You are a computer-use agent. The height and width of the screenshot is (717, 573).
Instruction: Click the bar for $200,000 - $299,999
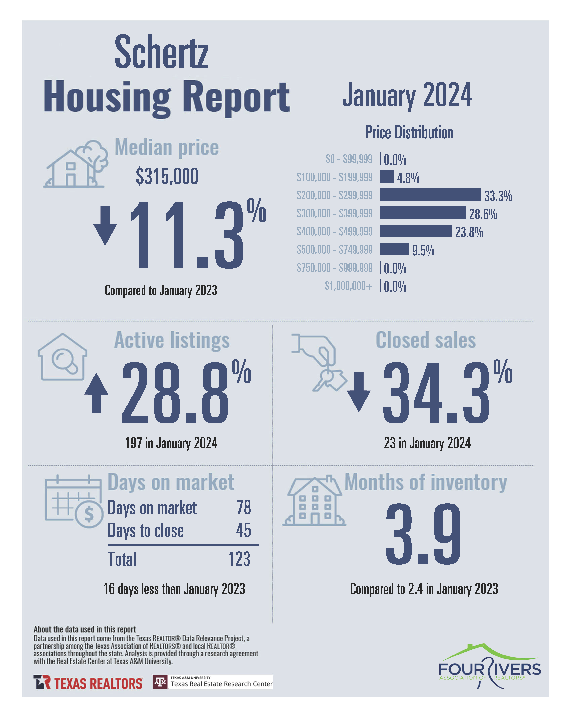(430, 195)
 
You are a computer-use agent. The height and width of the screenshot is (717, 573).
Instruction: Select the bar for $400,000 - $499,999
(416, 231)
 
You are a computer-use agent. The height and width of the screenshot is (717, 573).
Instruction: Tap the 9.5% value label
(423, 250)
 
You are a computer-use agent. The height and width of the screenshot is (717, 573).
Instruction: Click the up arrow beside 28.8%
(96, 393)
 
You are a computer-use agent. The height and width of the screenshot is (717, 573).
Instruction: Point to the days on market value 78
(243, 508)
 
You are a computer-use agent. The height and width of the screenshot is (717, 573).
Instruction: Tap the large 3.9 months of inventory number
(423, 534)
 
